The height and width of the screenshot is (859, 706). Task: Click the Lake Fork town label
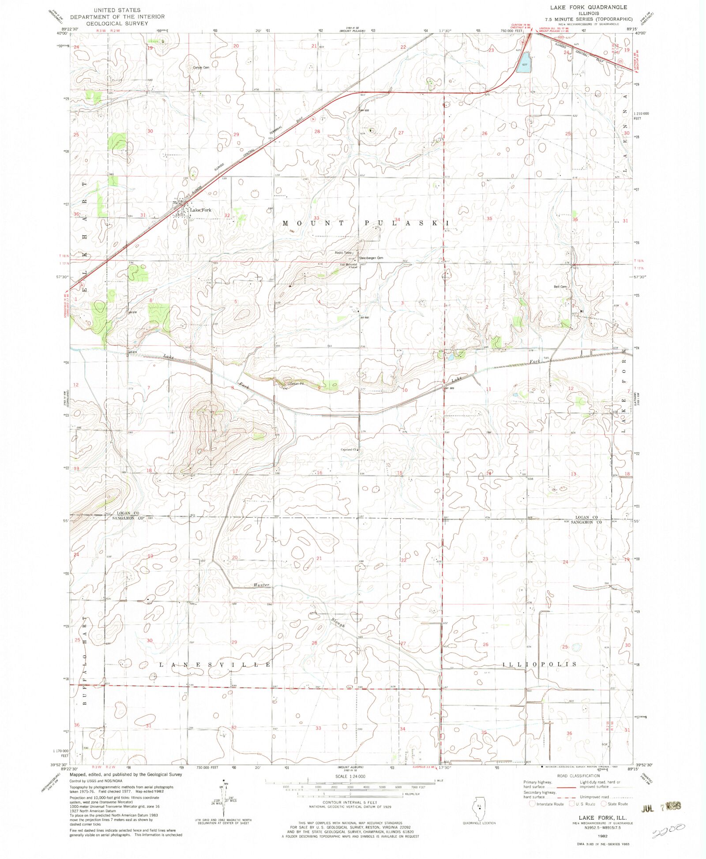[201, 210]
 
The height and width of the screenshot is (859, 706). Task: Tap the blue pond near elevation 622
[524, 62]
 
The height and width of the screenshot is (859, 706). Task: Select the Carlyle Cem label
[201, 68]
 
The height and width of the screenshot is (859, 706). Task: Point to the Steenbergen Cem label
[371, 258]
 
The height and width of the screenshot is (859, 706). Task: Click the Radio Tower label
[343, 252]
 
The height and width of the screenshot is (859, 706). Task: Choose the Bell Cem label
[560, 286]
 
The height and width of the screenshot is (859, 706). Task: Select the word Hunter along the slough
[261, 585]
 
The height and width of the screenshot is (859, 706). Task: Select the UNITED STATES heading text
[117, 10]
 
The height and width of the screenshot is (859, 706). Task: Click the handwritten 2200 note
[668, 830]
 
